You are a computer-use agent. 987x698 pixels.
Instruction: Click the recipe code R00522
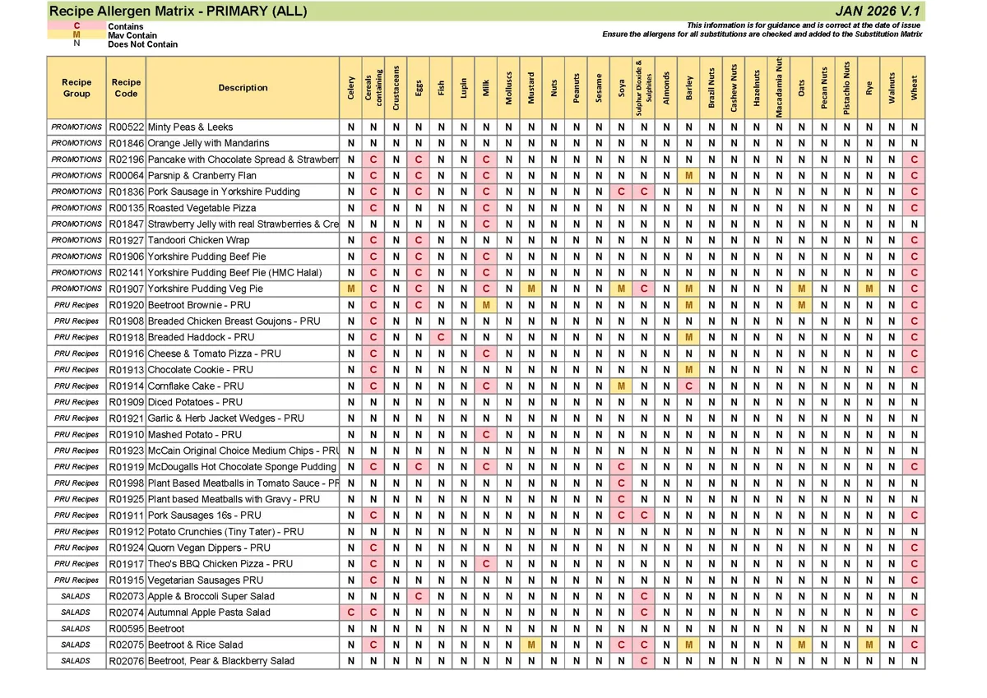[126, 127]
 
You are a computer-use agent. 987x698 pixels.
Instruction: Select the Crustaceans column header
[396, 87]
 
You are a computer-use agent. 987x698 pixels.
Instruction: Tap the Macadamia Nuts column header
[779, 87]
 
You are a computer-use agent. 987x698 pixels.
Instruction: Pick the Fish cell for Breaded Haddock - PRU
[441, 337]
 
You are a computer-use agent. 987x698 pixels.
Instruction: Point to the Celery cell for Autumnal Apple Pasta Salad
[351, 612]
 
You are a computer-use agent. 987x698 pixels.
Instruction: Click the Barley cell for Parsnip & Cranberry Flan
[688, 176]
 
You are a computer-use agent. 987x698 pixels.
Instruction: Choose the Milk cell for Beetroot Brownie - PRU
[486, 305]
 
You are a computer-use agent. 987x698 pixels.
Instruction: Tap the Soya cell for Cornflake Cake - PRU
[621, 386]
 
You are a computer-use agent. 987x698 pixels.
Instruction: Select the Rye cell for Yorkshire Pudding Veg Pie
[869, 289]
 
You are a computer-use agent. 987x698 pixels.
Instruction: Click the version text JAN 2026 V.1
[878, 11]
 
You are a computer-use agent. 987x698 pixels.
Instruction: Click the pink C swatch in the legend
[76, 26]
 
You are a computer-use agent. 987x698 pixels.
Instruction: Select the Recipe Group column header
[76, 87]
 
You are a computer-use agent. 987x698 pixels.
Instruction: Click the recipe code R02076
[126, 661]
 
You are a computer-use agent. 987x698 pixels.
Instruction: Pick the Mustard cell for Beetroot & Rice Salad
[531, 645]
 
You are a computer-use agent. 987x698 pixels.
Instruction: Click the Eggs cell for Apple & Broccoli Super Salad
[419, 596]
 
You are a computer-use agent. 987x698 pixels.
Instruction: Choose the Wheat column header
[914, 87]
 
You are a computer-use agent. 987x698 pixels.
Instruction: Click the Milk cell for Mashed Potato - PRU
[486, 434]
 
